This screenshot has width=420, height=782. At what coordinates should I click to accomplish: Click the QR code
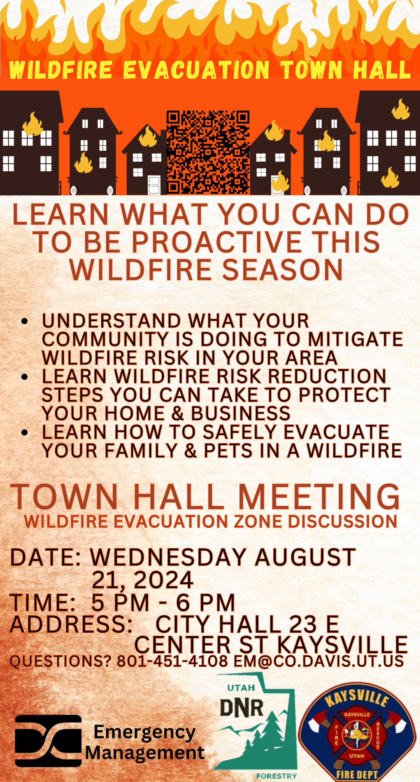coord(208,152)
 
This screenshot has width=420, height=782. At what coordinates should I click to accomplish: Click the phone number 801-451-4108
coord(172,661)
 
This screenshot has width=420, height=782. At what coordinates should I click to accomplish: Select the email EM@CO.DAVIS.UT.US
coord(318,661)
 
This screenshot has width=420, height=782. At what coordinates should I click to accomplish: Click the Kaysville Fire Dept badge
coord(357,735)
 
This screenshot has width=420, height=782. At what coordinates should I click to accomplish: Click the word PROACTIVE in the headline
coord(217,242)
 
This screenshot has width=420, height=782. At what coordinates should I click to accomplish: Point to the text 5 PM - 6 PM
coord(163,602)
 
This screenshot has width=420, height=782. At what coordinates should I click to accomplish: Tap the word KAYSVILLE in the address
coord(342,644)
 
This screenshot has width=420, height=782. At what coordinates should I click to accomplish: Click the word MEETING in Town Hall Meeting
coord(319,497)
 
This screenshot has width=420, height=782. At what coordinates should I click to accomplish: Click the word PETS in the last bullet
coord(228,451)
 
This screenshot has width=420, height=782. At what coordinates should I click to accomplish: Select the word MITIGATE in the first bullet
coord(355,339)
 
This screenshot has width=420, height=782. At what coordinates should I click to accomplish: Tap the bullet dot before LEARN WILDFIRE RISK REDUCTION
coord(25,377)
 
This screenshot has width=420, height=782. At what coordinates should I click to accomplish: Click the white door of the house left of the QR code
coord(154,185)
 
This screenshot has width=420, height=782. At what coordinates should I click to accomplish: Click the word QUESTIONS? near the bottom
coord(61,661)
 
